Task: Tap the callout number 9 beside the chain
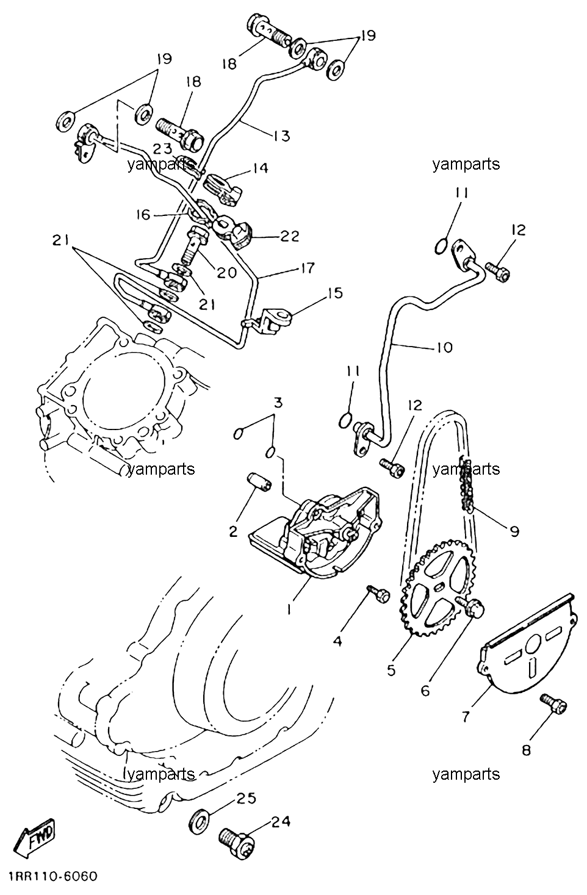point(514,531)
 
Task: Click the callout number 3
point(278,402)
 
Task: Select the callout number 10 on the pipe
point(444,347)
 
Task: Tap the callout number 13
point(281,135)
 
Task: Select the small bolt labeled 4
point(378,594)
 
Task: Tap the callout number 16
point(142,215)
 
